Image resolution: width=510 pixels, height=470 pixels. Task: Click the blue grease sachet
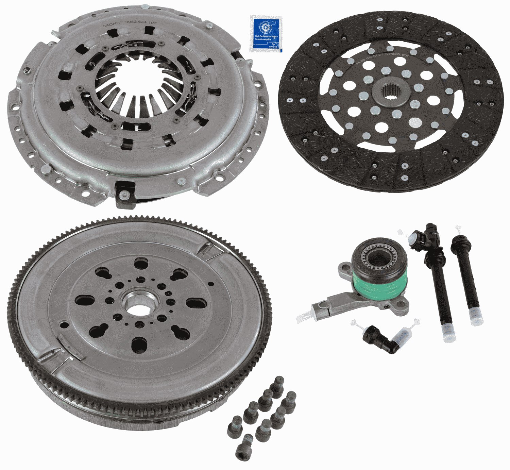click(264, 33)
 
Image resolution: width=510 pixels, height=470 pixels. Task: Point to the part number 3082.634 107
click(140, 22)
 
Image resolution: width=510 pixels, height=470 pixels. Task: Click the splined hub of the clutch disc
click(391, 91)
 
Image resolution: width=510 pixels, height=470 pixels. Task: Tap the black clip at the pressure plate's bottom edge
click(125, 195)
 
